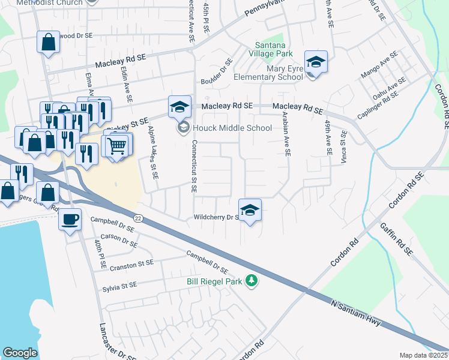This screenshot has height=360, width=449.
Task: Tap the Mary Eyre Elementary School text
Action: [268, 73]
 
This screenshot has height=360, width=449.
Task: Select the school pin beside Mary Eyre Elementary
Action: [316, 62]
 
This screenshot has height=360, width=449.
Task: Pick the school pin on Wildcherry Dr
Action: [250, 211]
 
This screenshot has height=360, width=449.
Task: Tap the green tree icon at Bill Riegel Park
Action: [253, 280]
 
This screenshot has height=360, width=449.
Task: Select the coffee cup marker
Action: [70, 219]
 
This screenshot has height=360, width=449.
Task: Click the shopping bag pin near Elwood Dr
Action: [49, 43]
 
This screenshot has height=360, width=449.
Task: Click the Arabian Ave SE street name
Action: [285, 136]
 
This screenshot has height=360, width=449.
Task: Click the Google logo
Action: [20, 353]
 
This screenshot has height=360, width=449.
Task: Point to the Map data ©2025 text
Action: [423, 355]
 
